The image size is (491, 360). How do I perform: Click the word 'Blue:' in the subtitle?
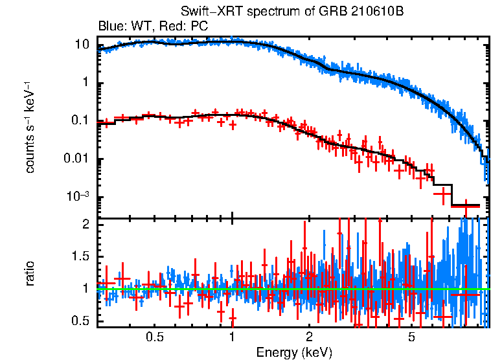coord(110,27)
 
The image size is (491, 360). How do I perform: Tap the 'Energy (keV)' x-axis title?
coord(294,352)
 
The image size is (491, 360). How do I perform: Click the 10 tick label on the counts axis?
coord(82,45)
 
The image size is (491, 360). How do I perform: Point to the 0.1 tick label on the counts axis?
coord(80,121)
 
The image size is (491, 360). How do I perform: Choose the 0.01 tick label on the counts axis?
coord(76,159)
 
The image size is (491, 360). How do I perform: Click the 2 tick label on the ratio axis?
coord(85,224)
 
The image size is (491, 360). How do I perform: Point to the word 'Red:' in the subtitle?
coord(167,27)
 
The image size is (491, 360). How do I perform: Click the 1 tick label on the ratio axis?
coord(85,288)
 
